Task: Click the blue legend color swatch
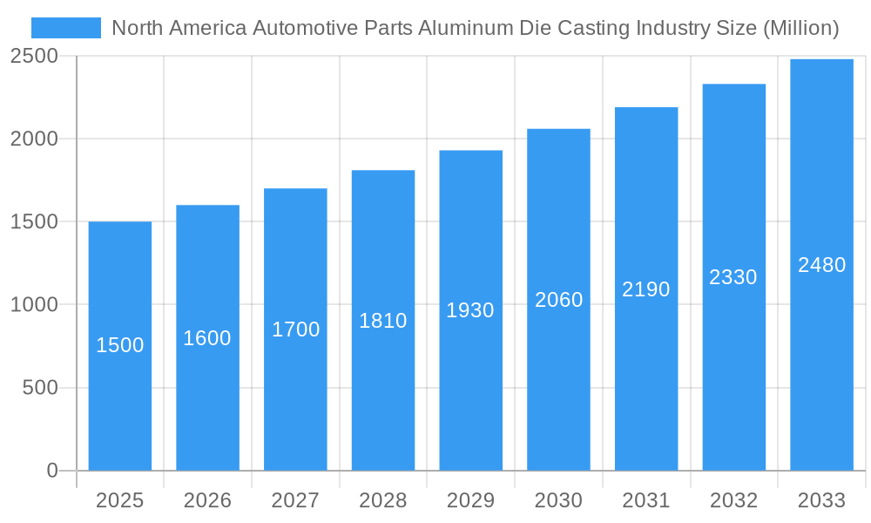tap(66, 28)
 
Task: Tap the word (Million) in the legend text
tap(800, 28)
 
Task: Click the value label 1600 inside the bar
tap(207, 338)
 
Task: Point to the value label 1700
tap(295, 329)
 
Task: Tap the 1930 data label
tap(470, 310)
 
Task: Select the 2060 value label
tap(558, 300)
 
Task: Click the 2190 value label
tap(646, 289)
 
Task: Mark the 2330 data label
tap(733, 277)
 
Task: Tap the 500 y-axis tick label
tap(40, 388)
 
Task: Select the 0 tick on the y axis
tap(51, 471)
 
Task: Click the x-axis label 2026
tap(207, 500)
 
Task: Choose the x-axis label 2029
tap(470, 500)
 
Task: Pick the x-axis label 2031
tap(646, 500)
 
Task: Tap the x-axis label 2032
tap(733, 500)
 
